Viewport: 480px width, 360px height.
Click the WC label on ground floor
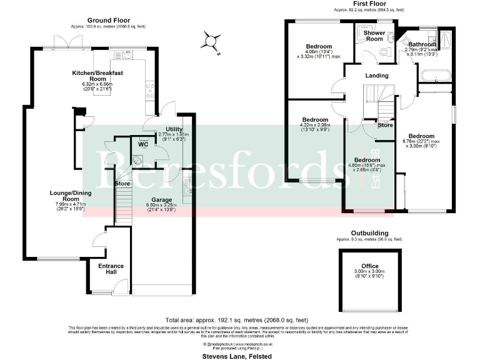(142, 144)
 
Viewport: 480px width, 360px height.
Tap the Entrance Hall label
(111, 269)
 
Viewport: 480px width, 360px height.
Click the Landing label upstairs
(377, 76)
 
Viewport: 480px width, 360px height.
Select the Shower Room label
(374, 36)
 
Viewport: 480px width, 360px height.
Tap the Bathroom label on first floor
(422, 44)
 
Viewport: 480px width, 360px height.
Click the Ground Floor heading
(104, 21)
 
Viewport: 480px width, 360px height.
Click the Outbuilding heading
(369, 233)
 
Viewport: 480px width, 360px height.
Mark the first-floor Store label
(385, 125)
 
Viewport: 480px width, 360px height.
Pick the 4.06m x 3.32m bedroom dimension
(319, 55)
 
